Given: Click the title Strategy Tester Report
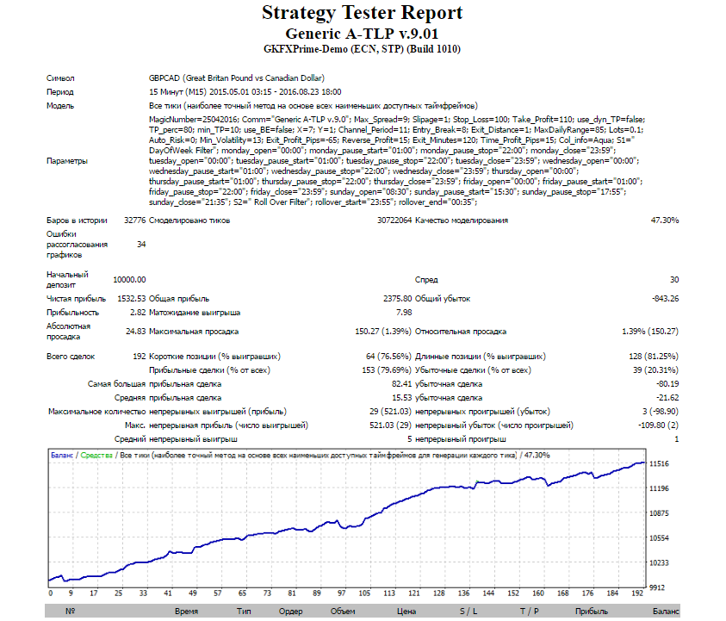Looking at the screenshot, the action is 362,13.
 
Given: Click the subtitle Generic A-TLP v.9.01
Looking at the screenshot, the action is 362,34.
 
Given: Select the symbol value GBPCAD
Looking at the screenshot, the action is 164,78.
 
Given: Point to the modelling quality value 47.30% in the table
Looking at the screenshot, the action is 665,220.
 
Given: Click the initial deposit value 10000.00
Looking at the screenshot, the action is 129,280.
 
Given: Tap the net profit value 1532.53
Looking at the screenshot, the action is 132,299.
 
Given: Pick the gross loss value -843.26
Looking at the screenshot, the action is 666,299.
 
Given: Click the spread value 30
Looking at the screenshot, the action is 674,280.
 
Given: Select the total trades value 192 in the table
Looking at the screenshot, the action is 140,357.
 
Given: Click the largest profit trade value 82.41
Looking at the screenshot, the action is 401,384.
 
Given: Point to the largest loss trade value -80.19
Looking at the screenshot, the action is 667,384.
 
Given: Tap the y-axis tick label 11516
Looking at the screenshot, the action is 659,463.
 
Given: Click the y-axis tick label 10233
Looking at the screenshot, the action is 659,562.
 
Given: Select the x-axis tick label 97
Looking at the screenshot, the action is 342,593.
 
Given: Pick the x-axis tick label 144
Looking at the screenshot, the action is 488,593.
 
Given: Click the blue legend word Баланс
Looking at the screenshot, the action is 62,456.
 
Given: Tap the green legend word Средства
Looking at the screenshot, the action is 96,456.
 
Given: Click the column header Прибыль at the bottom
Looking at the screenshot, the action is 592,612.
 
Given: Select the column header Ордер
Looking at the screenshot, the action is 290,612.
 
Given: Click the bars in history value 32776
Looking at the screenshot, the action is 134,220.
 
